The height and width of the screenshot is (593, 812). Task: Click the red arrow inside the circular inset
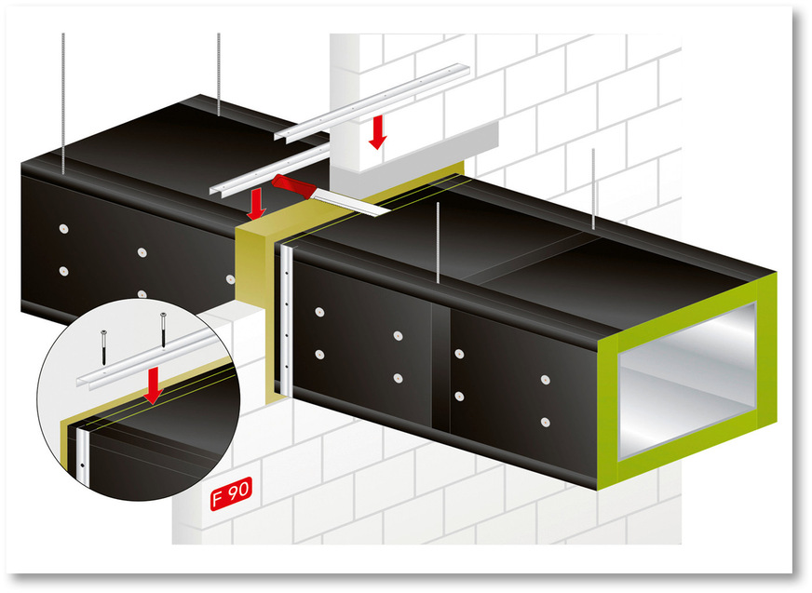click(152, 384)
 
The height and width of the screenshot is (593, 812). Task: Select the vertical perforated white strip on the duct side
click(288, 317)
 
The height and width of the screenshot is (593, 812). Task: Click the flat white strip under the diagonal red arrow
click(354, 203)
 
